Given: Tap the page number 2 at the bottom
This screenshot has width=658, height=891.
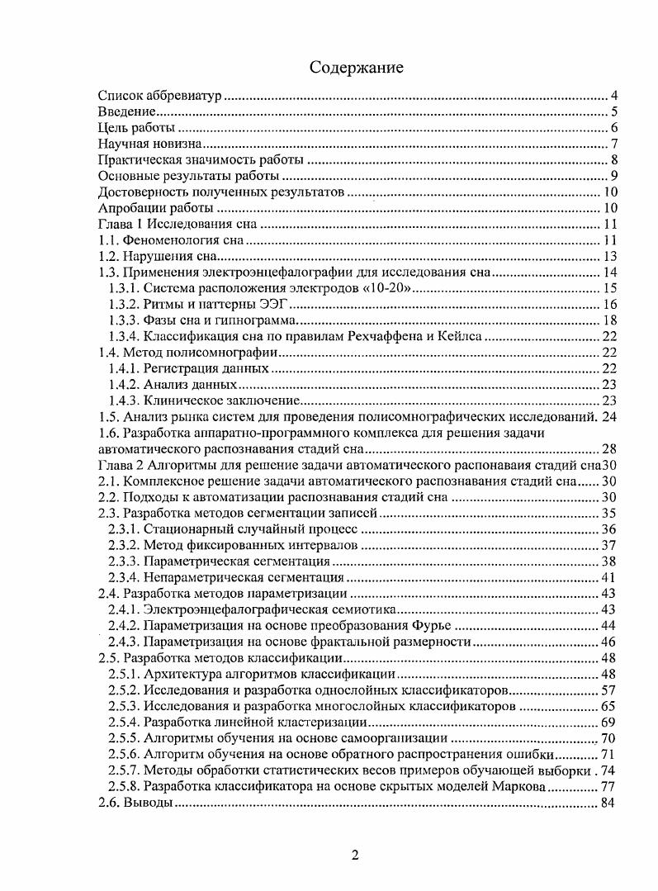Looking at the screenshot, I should tap(355, 855).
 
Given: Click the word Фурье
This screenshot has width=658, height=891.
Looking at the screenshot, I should tap(431, 625).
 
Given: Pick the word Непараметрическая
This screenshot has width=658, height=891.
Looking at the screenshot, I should tap(203, 577).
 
